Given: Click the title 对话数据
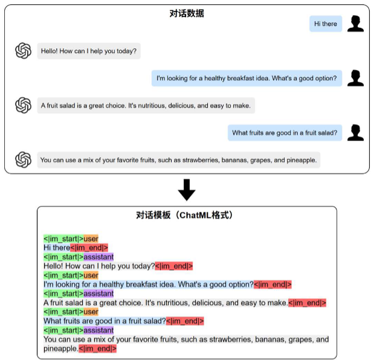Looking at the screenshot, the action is point(187,13).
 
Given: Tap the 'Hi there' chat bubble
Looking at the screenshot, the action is point(326,24).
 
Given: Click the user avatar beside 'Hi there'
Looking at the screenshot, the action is point(356,24).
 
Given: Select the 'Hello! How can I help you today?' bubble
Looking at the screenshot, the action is point(89,51).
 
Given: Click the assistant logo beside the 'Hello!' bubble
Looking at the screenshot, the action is point(23,51).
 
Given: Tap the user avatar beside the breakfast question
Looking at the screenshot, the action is point(356,78).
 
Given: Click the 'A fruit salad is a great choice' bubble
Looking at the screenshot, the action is point(146,106).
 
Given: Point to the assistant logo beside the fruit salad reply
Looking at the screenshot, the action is point(23,105).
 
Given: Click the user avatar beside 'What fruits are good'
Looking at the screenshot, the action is point(356,133).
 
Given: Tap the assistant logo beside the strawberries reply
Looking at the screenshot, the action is point(23,159).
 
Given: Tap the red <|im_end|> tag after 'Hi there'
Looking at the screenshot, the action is point(89,247).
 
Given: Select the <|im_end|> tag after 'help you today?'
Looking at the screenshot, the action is point(174,266).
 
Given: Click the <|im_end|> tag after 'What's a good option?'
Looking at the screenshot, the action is point(273,284).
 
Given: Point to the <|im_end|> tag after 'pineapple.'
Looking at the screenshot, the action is point(97,349).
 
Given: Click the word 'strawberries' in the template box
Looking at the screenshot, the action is point(221,340).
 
